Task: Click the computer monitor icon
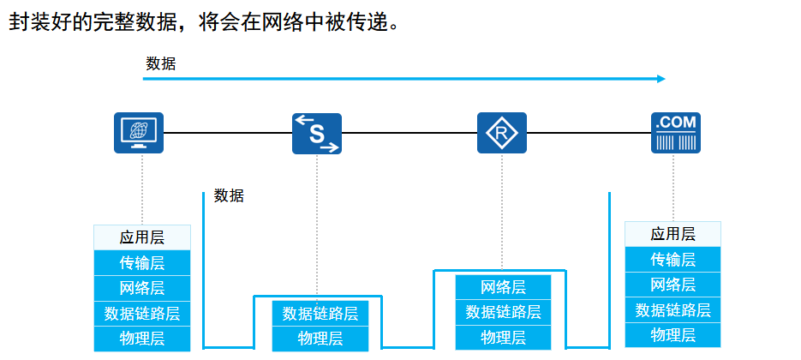139,133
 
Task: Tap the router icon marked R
501,133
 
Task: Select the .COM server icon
675,133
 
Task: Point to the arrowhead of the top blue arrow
661,79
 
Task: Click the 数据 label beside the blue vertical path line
229,195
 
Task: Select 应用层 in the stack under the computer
142,237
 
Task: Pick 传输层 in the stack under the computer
142,262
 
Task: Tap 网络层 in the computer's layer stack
142,288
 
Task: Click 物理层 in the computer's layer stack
142,339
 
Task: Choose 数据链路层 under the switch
320,314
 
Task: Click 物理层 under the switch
320,339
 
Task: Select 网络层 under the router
503,287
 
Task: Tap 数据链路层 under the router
503,312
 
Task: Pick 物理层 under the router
503,338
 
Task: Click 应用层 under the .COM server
672,234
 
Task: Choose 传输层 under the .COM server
672,260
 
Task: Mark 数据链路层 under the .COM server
672,310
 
